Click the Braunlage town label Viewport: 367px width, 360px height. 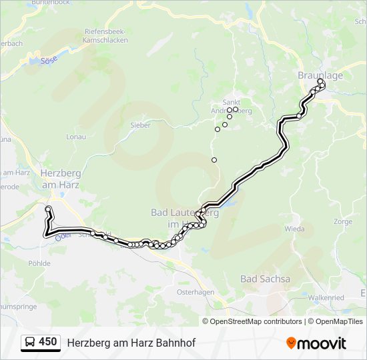(x=320, y=75)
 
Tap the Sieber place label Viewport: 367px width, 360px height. (x=140, y=125)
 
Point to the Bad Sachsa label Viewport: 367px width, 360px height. (x=265, y=279)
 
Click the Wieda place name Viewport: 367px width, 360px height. (x=294, y=229)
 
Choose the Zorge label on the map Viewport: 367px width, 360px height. (x=344, y=221)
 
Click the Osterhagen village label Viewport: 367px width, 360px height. (x=195, y=292)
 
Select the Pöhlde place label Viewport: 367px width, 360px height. (x=39, y=263)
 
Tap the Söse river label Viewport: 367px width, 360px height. (x=49, y=60)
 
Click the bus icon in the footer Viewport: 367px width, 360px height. (x=31, y=343)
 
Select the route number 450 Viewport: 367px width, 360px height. (x=47, y=342)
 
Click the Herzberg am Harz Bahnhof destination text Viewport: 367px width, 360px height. (x=131, y=343)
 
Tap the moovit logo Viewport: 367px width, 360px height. (x=316, y=343)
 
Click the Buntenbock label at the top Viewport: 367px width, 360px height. (x=50, y=3)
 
